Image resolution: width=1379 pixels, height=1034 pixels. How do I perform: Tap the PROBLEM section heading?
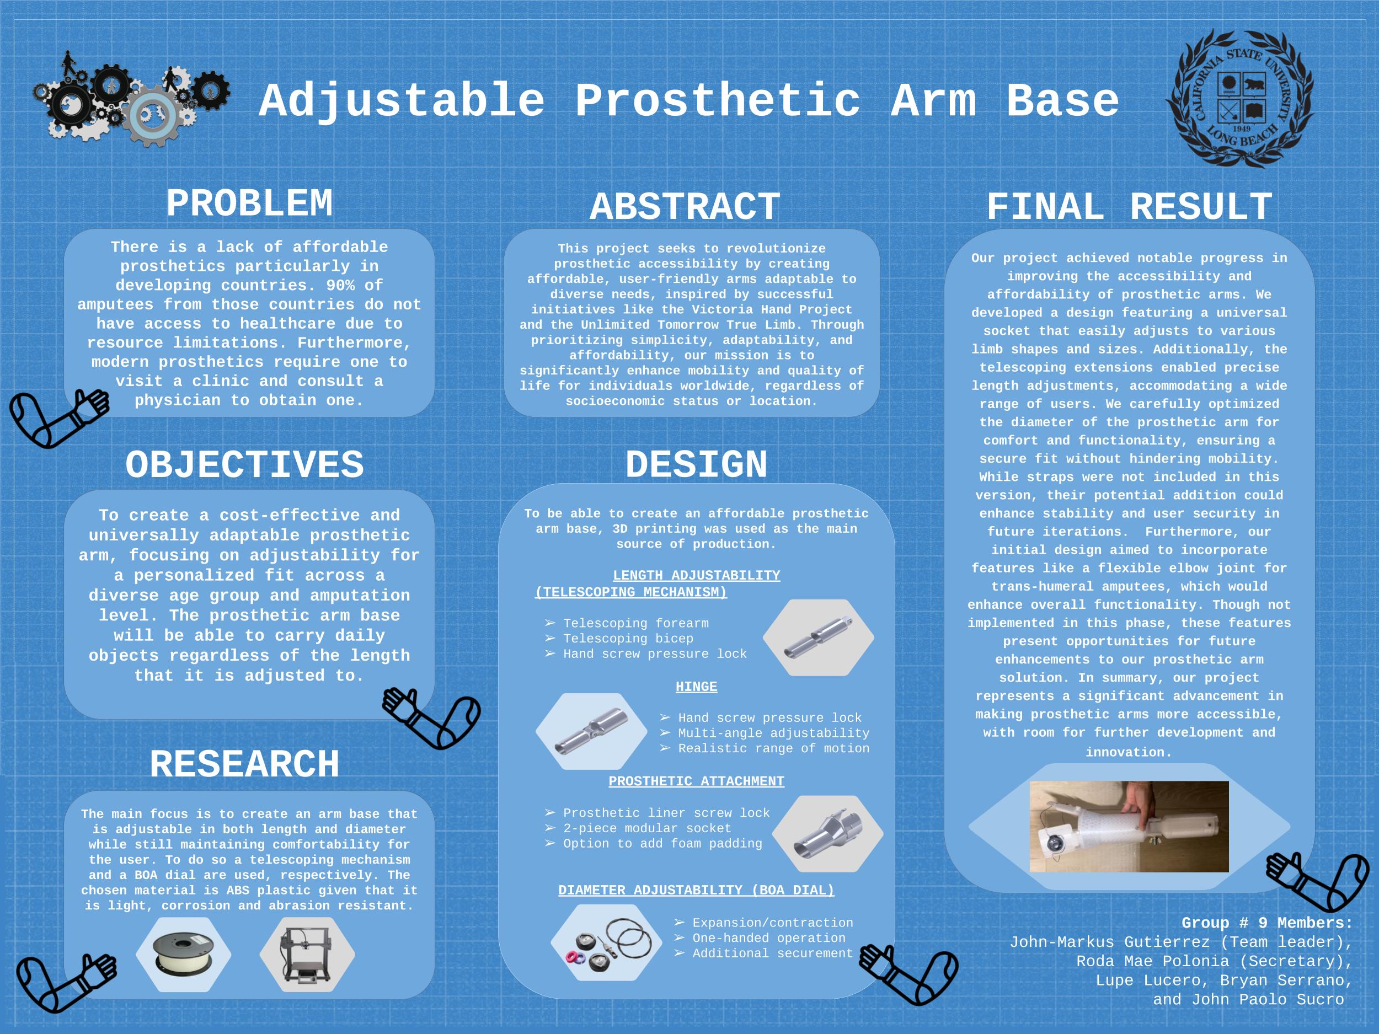(x=249, y=204)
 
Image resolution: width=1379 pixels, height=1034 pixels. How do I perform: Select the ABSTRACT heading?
(x=685, y=207)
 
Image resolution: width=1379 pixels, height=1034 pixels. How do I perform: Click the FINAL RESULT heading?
(x=1129, y=207)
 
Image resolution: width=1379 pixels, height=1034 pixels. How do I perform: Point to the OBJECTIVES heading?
(x=244, y=465)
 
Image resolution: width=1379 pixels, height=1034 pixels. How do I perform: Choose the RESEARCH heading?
(x=244, y=765)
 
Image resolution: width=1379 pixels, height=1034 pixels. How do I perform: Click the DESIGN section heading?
(x=696, y=465)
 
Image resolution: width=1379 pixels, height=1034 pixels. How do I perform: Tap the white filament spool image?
(x=183, y=953)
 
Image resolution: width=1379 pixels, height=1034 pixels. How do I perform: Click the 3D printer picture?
(x=307, y=953)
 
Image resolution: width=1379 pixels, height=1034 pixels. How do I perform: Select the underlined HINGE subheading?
(x=696, y=687)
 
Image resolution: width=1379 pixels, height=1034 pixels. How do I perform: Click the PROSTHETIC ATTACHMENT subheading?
(x=696, y=781)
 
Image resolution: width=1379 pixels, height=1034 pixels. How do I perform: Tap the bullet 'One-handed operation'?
(x=769, y=938)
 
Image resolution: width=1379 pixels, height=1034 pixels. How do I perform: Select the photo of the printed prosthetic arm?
(x=1129, y=827)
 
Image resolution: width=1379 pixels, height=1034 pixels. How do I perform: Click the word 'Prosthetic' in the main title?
(x=717, y=101)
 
